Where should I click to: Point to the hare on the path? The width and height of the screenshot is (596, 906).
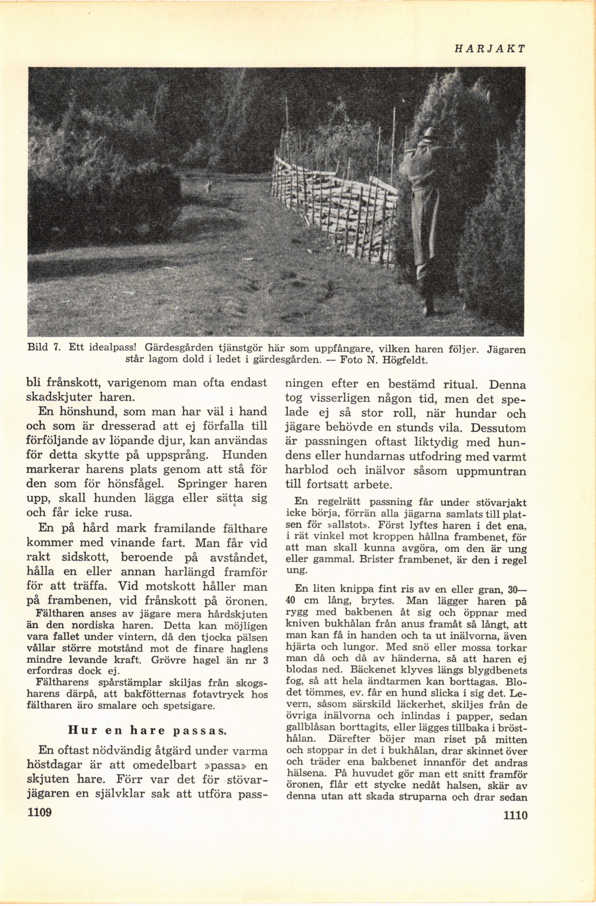208,185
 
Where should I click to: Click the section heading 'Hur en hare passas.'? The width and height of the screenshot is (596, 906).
147,730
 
